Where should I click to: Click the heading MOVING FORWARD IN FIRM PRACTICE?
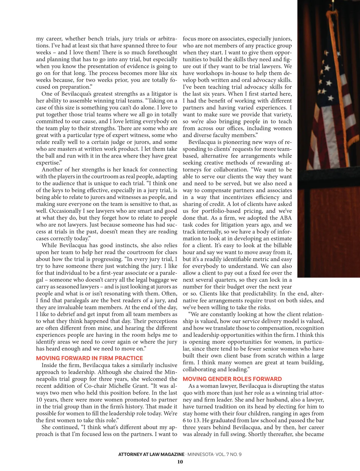coord(89,358)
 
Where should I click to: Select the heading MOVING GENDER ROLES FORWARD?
coord(232,379)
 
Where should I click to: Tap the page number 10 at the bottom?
coord(180,462)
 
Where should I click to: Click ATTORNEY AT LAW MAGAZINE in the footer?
coord(151,454)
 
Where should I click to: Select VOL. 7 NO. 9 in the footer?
coord(228,454)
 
